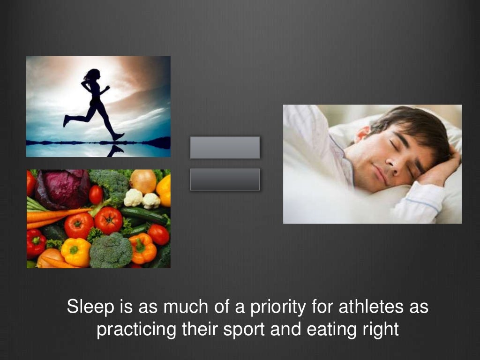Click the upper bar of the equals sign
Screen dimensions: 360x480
(x=225, y=147)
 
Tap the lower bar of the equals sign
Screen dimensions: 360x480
(x=225, y=179)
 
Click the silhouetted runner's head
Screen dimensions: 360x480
(x=93, y=75)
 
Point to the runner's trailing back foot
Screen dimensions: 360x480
(x=67, y=121)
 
